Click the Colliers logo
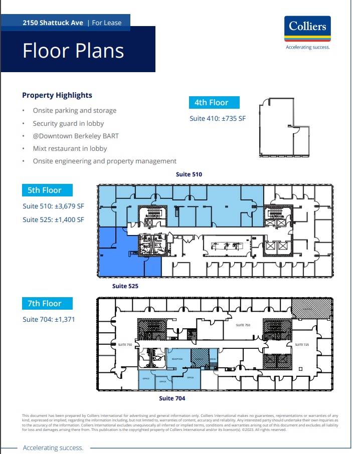(307, 30)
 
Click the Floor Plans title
(73, 51)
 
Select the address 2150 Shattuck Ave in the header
(53, 23)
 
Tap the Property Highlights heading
(57, 95)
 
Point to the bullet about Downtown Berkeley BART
(76, 136)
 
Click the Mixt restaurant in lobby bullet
(70, 148)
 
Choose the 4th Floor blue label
(211, 103)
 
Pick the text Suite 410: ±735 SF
(218, 119)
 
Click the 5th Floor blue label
(45, 190)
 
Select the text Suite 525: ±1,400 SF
(53, 219)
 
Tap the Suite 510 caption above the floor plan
(189, 174)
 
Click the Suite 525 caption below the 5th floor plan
(125, 286)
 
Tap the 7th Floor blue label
(45, 304)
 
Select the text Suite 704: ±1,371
(49, 319)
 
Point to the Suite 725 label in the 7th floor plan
(302, 345)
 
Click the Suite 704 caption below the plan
(172, 398)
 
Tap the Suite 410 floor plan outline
(283, 128)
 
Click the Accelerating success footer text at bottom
(53, 448)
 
